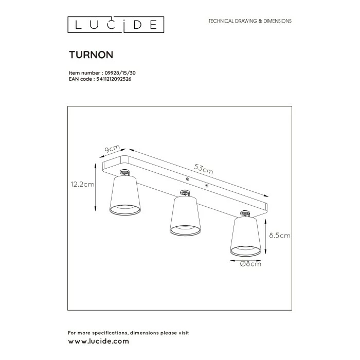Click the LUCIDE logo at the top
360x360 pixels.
click(x=116, y=24)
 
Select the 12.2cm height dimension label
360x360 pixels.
click(x=83, y=184)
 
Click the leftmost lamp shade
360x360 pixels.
click(x=124, y=195)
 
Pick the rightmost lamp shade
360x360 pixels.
click(x=245, y=236)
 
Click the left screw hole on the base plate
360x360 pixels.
click(x=188, y=179)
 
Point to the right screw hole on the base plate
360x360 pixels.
click(x=206, y=186)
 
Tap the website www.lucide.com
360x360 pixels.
click(x=98, y=341)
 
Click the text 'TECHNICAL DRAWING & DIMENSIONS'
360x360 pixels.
click(x=249, y=21)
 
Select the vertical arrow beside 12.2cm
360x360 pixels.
click(x=96, y=188)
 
